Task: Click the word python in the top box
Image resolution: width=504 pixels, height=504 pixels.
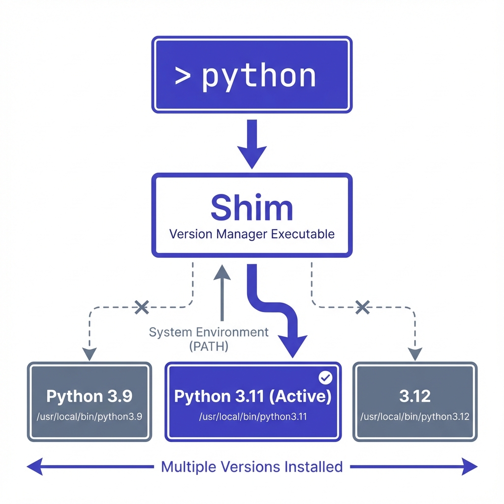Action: coord(259,76)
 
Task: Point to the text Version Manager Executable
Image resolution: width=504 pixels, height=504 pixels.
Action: coord(252,233)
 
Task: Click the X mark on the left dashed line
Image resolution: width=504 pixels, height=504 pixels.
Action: coord(142,308)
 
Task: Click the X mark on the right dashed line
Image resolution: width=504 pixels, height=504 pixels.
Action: coord(362,308)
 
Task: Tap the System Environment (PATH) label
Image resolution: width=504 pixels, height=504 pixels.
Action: coord(209,339)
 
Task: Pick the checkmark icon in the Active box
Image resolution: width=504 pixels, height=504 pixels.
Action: coord(325,378)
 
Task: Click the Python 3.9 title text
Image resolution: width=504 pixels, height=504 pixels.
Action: coord(89,396)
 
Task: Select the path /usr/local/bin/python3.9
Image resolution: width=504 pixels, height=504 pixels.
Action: coord(89,417)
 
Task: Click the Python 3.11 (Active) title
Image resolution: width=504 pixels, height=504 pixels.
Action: coord(252,396)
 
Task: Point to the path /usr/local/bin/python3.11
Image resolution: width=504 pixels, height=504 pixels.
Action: coord(252,417)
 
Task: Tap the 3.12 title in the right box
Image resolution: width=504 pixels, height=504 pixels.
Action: coord(415,396)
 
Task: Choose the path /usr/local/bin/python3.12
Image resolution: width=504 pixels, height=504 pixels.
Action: coord(415,417)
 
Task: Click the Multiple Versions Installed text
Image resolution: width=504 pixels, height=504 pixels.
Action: coord(252,466)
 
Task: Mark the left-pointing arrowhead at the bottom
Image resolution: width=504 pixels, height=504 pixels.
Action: coord(33,466)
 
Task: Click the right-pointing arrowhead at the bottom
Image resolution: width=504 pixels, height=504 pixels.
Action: coord(470,466)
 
